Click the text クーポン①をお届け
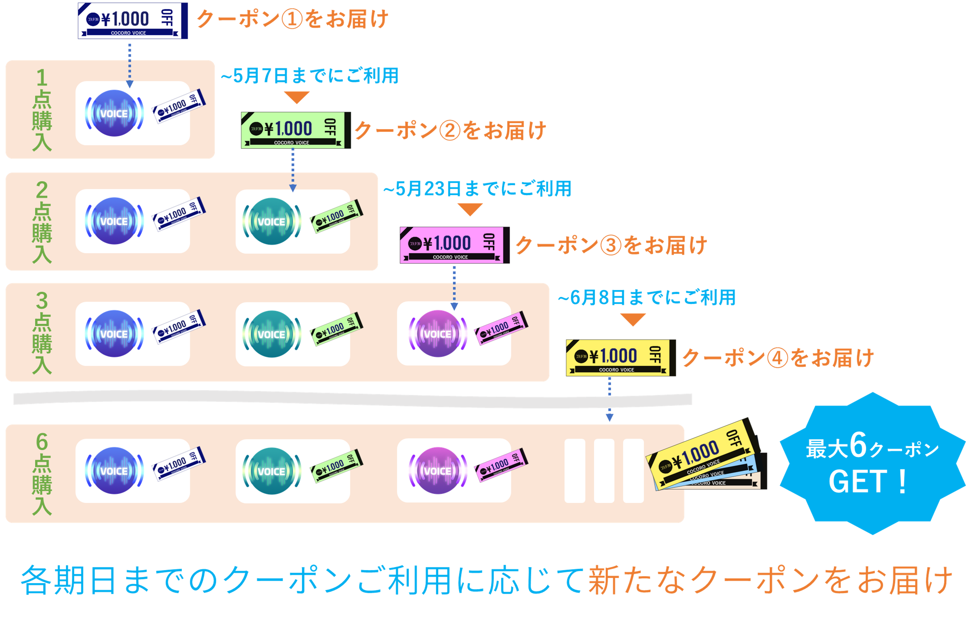tap(292, 19)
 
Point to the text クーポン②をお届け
tap(450, 131)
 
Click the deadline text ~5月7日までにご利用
tap(310, 76)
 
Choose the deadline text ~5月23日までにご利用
tap(477, 189)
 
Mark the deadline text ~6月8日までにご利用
tap(647, 298)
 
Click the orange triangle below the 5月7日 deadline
tap(297, 97)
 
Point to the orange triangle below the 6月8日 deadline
tap(633, 320)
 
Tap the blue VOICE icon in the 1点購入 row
tap(114, 113)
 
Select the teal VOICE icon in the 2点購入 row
tap(272, 222)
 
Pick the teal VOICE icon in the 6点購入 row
tap(272, 471)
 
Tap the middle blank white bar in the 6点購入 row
tap(604, 471)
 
